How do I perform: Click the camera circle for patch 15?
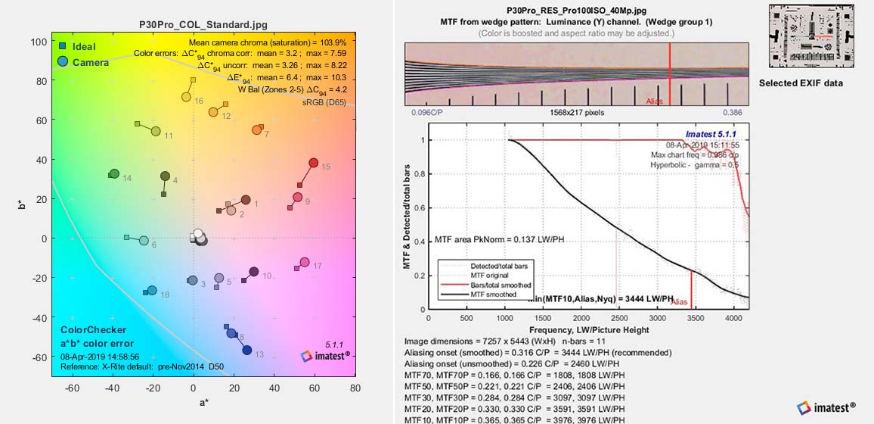click(x=313, y=163)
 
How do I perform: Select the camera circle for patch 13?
click(x=246, y=350)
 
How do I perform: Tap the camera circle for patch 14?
click(x=114, y=173)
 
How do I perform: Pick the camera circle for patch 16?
click(x=186, y=97)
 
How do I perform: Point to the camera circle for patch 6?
click(x=144, y=241)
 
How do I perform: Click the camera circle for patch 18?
click(x=152, y=290)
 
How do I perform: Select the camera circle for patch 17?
click(x=305, y=262)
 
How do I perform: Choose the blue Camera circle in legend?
click(x=63, y=61)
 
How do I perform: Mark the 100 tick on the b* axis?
click(x=38, y=42)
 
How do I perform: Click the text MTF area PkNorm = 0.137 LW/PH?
click(x=499, y=239)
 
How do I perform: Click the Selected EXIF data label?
click(x=801, y=83)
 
